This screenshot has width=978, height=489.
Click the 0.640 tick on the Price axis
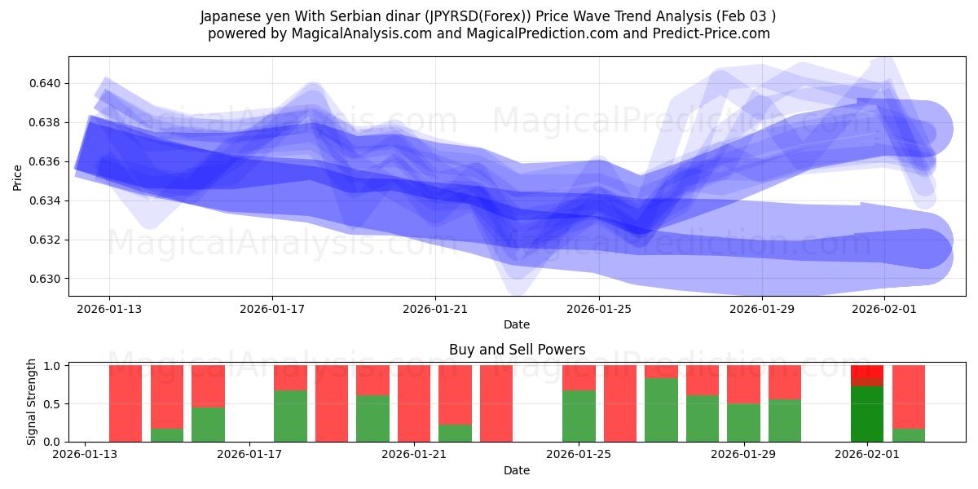point(46,83)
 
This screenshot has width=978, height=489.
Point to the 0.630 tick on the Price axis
point(46,279)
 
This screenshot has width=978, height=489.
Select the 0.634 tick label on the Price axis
point(46,200)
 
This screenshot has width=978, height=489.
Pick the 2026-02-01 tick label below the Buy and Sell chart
point(865,455)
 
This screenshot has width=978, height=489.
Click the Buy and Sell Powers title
point(517,350)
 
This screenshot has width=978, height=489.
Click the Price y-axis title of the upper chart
point(18,176)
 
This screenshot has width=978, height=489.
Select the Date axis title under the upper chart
point(517,324)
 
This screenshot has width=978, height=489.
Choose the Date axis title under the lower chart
point(517,470)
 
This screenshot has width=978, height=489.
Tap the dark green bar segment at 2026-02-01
point(867,414)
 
